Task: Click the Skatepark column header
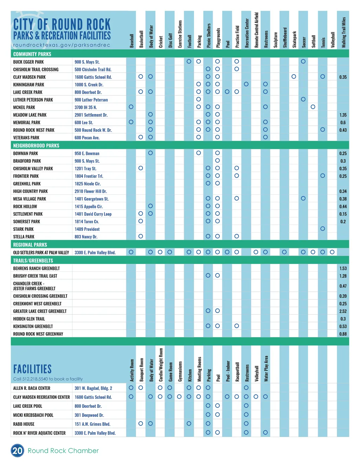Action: point(294,39)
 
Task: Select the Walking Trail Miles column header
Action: point(343,32)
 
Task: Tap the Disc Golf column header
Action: point(170,40)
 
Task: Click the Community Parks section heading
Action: point(32,54)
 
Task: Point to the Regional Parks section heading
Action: point(30,245)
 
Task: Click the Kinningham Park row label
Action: point(29,85)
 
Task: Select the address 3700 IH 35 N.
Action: point(86,107)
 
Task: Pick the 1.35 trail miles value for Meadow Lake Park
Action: point(343,115)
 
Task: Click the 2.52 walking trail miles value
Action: point(343,311)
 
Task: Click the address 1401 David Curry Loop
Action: point(93,214)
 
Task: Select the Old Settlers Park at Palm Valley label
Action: point(41,253)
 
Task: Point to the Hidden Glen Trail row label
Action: point(29,319)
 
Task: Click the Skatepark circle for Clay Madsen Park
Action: point(294,77)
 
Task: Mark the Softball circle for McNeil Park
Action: point(313,107)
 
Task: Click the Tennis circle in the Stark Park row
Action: point(322,229)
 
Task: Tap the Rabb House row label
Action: point(24,424)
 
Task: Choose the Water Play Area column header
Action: point(266,368)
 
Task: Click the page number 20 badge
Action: point(17,451)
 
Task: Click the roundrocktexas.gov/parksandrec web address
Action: point(62,45)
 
